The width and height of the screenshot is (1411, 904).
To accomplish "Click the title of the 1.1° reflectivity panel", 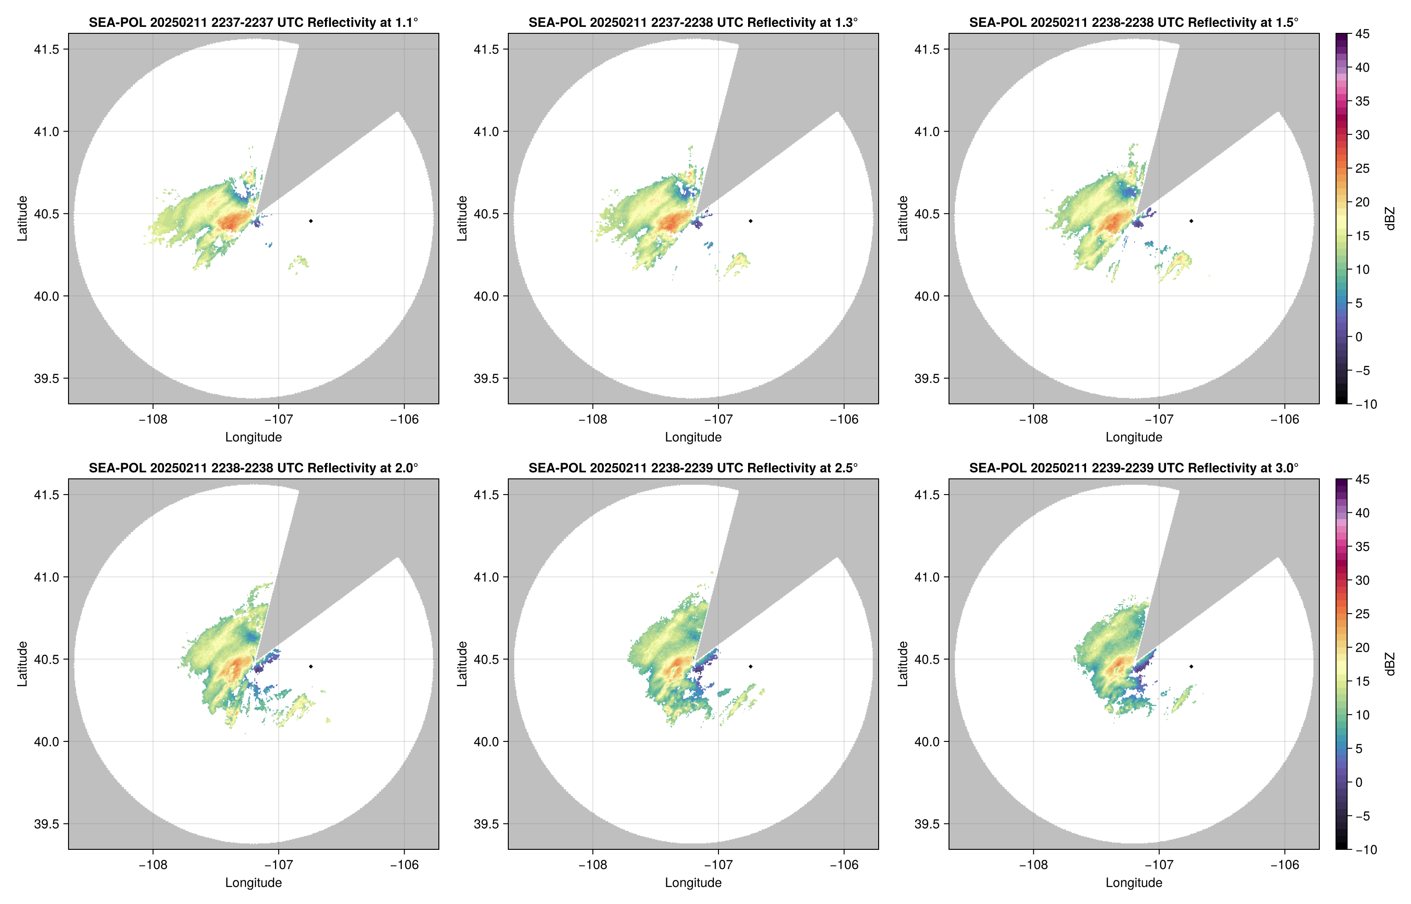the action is point(253,22).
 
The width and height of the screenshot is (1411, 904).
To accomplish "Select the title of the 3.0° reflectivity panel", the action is point(1134,468).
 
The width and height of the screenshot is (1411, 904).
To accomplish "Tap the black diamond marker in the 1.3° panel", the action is point(750,221).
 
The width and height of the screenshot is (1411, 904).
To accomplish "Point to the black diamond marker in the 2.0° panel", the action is point(310,666).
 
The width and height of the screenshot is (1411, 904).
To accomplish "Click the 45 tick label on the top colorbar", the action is point(1362,34).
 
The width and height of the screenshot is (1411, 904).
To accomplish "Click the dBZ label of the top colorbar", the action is point(1389,219).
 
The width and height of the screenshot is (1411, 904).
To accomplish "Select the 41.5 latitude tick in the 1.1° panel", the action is point(47,49).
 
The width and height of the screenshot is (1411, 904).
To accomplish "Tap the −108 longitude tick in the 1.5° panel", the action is point(1033,419).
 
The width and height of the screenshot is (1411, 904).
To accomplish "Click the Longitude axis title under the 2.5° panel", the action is point(693,882).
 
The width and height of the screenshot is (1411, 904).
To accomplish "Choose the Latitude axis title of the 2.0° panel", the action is point(22,663).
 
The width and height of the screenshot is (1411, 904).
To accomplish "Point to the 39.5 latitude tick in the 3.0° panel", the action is point(927,823).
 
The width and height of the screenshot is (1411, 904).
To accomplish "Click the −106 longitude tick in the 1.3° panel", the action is point(843,419).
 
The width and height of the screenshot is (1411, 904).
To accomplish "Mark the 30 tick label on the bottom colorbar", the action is point(1362,580).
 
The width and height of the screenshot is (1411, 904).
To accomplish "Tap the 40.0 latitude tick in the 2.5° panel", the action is point(487,741).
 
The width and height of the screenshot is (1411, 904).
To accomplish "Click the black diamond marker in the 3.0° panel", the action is point(1191,666).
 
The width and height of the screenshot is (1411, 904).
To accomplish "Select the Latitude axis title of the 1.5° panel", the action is point(903,219).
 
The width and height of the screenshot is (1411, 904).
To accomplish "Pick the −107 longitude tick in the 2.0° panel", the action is point(278,865).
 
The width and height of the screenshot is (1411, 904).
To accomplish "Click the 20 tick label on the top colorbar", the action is point(1362,202).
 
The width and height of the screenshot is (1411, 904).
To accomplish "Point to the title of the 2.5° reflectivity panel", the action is point(693,468).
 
